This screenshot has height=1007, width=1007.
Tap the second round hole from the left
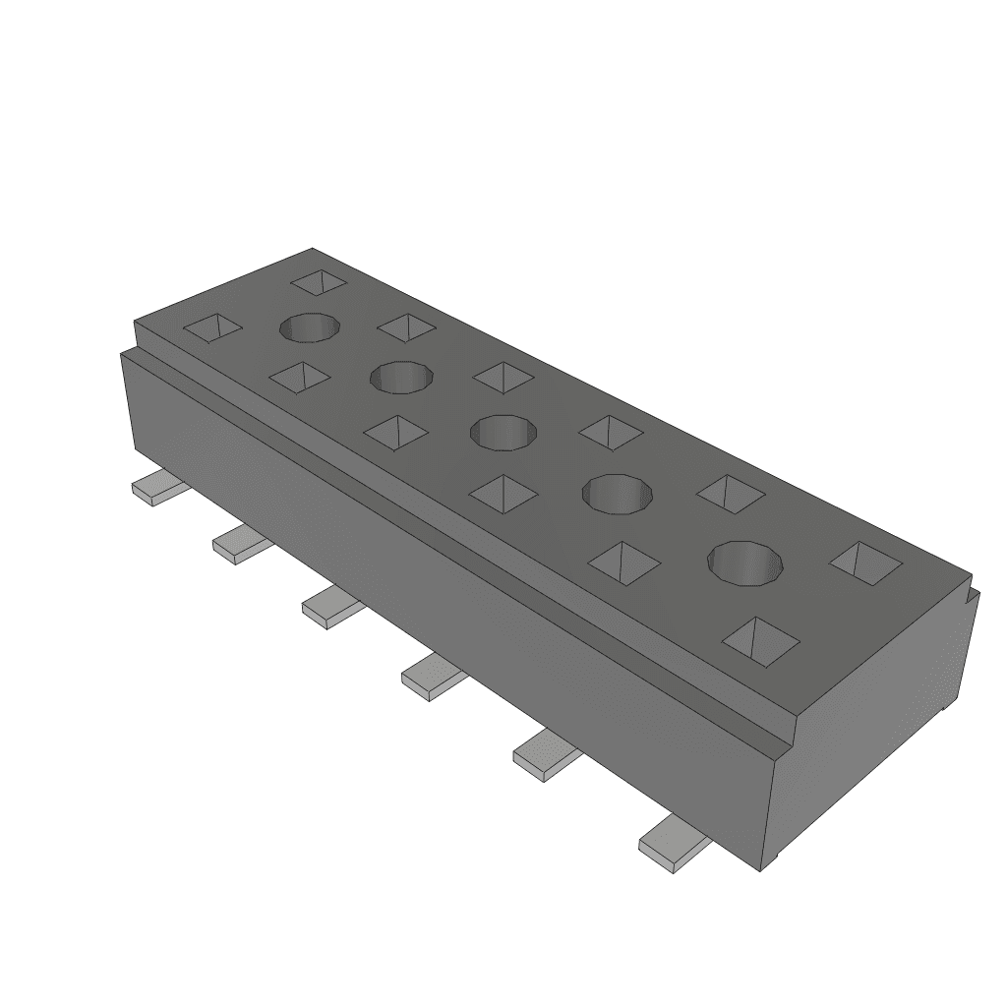coord(401,376)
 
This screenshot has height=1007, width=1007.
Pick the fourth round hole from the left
coord(619,492)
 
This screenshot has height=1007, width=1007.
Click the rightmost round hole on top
coord(748,562)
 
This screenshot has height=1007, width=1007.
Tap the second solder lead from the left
coord(238,544)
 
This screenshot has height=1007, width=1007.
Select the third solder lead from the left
coord(329,605)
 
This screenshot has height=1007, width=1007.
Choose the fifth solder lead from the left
coord(544,754)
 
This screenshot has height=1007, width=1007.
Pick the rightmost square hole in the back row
coord(866,563)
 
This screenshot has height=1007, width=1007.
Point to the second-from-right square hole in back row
coord(731,493)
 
